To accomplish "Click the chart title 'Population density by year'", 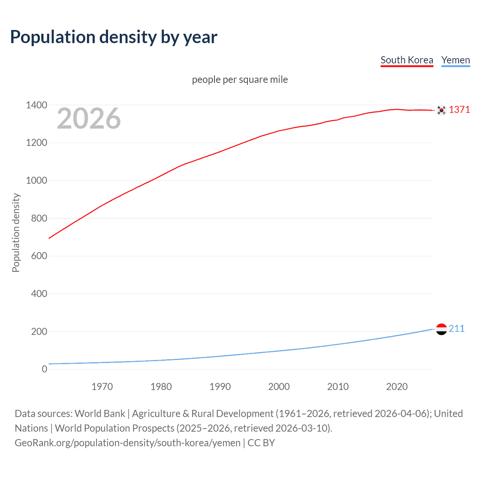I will (114, 37).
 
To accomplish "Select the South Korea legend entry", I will (406, 60).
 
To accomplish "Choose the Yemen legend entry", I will (455, 60).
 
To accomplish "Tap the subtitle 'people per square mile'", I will (240, 79).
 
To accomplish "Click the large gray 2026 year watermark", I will (89, 118).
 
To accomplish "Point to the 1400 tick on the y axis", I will (36, 105).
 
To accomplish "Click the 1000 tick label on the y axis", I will (36, 180).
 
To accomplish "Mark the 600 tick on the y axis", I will (39, 256).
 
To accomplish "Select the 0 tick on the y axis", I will (44, 369).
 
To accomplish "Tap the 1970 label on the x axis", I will (102, 387).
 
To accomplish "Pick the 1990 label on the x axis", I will (220, 387).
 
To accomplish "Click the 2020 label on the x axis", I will (397, 387).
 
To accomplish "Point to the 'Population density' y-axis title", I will (16, 232).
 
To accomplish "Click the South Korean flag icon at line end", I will (441, 110).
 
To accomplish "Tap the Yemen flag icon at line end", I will (441, 329).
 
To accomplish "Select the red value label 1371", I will (459, 109).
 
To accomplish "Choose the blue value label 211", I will (456, 328).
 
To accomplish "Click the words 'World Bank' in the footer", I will (100, 413).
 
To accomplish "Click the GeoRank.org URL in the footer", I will (127, 442).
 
